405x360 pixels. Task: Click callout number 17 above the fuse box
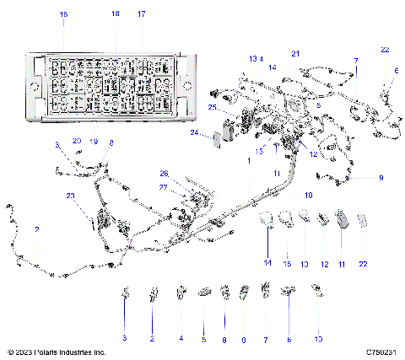141,14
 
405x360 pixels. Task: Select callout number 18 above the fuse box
115,14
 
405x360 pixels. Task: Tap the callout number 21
295,54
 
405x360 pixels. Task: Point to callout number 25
213,107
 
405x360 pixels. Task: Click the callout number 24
194,133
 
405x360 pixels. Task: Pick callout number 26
164,175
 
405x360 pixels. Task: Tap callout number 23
70,196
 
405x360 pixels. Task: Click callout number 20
77,141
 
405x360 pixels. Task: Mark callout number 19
94,141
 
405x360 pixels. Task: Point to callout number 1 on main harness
249,159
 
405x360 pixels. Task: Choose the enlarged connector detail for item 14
267,219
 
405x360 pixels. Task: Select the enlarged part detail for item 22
363,220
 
